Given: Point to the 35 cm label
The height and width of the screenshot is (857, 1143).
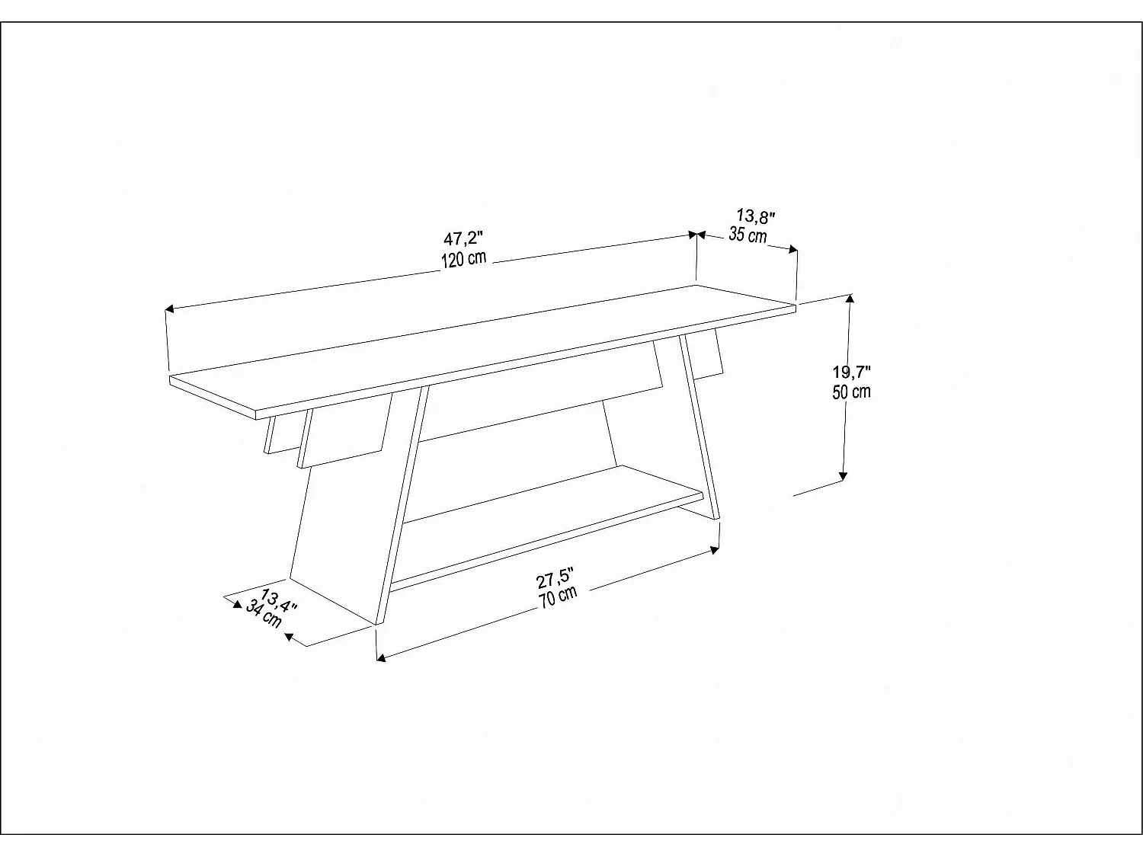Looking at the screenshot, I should click(748, 235).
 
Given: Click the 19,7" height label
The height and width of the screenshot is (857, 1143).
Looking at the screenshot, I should click(851, 373).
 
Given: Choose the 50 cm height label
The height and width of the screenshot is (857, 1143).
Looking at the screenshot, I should click(851, 392).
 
